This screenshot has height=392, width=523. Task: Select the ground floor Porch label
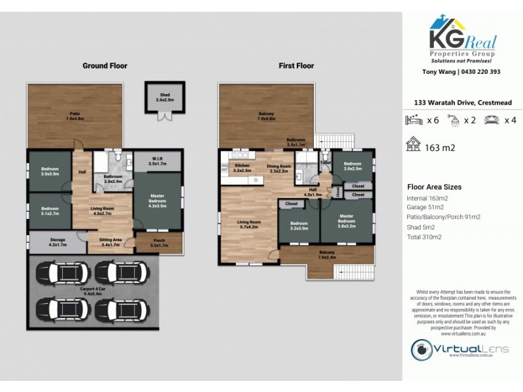pyautogui.click(x=160, y=243)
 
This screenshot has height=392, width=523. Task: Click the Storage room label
pyautogui.click(x=58, y=242)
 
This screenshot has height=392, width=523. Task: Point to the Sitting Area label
pyautogui.click(x=110, y=242)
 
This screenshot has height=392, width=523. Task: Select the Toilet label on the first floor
pyautogui.click(x=326, y=162)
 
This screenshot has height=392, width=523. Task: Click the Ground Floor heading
pyautogui.click(x=105, y=66)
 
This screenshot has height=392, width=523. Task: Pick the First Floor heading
pyautogui.click(x=296, y=66)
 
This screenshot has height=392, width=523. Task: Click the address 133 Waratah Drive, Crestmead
pyautogui.click(x=462, y=103)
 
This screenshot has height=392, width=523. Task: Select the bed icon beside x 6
pyautogui.click(x=414, y=120)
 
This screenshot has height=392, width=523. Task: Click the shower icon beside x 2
pyautogui.click(x=452, y=120)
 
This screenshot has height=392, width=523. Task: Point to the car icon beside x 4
pyautogui.click(x=490, y=120)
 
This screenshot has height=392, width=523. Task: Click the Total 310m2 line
pyautogui.click(x=424, y=237)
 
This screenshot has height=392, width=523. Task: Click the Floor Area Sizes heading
pyautogui.click(x=434, y=186)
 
